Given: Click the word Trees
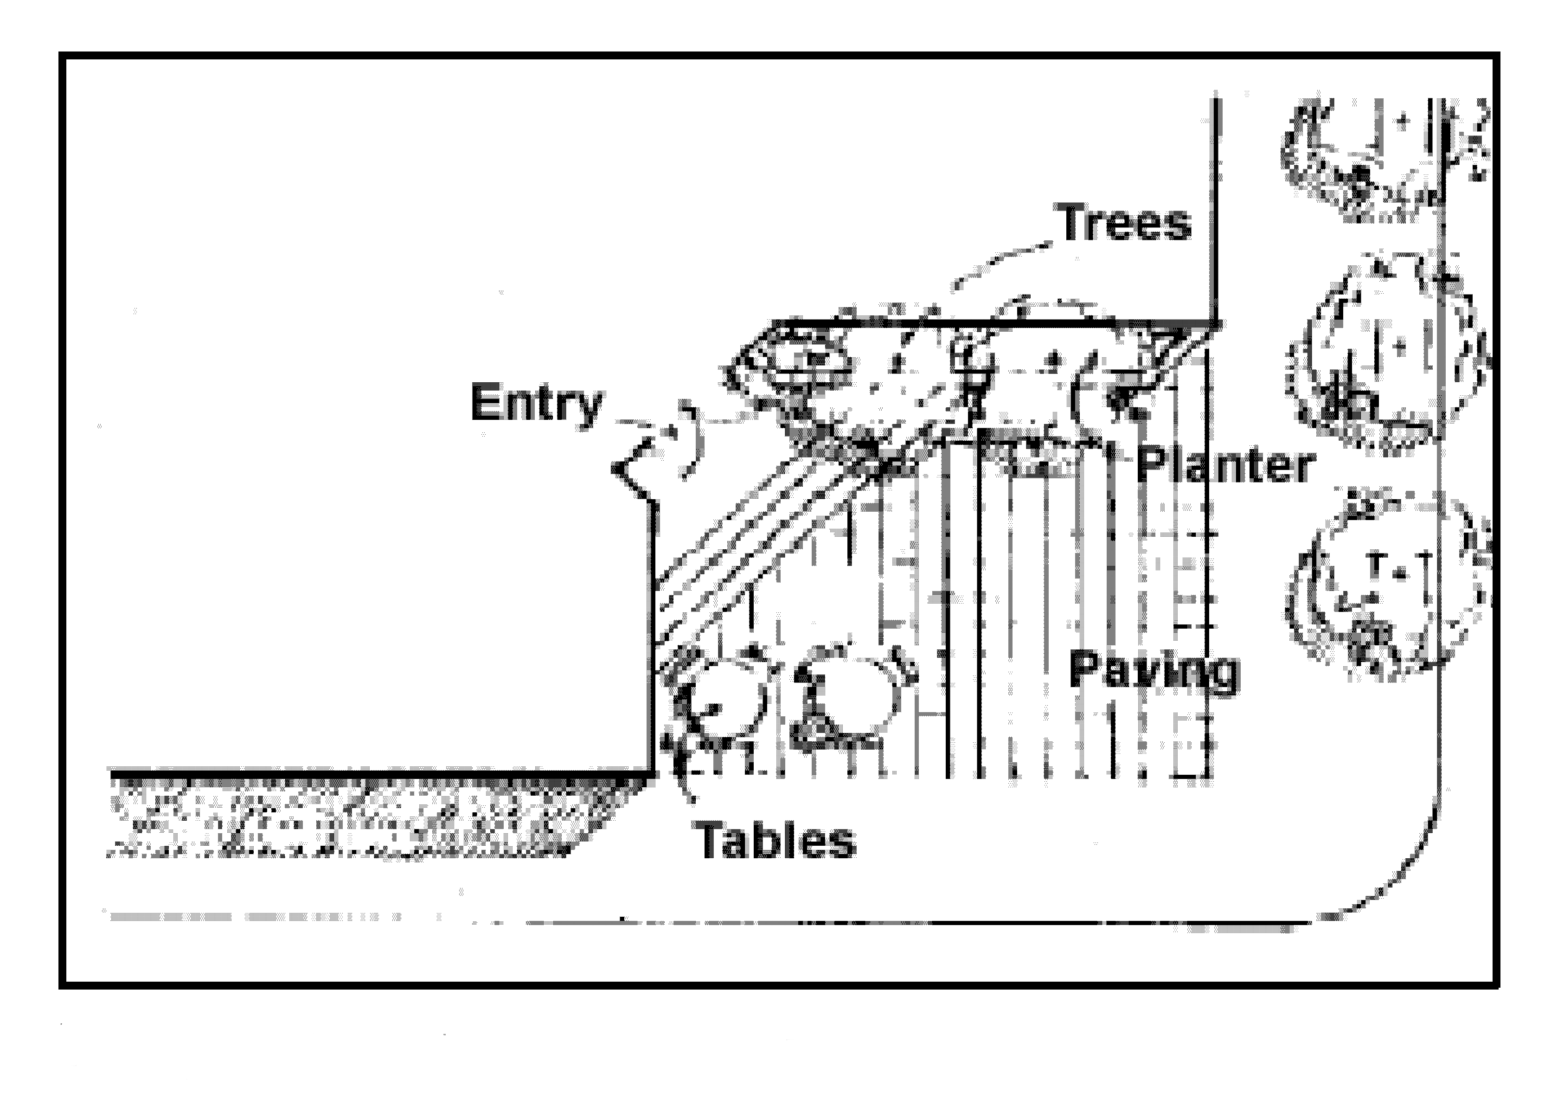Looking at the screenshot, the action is point(1125,223).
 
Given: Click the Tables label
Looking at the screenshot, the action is point(777,840).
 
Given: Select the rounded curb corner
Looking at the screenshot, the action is point(1405,889).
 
